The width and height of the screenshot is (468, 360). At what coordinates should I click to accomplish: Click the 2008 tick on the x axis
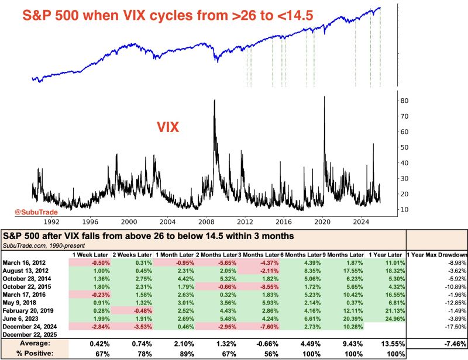(x=206, y=223)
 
